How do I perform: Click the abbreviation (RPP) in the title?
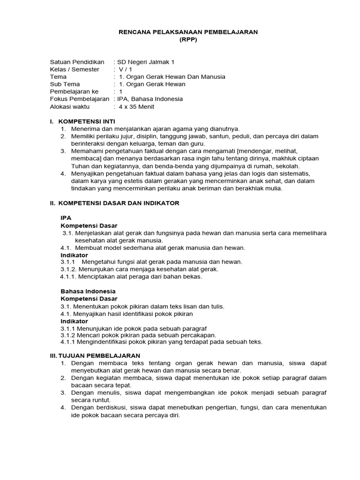[x=189, y=40]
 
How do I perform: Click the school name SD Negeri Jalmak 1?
[x=145, y=62]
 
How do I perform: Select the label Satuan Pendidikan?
[x=77, y=62]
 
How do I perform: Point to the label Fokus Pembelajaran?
[x=79, y=99]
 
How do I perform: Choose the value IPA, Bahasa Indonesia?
[x=150, y=99]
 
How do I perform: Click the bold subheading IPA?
[x=66, y=218]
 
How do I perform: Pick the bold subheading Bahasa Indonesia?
[x=88, y=291]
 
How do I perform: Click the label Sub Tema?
[x=65, y=84]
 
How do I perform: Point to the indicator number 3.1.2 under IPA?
[x=69, y=269]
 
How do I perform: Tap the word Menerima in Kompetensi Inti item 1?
[x=84, y=128]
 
